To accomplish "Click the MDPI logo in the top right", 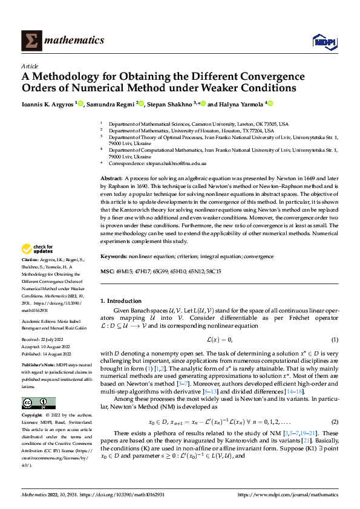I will pos(323,41).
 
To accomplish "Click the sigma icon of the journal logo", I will pos(30,41).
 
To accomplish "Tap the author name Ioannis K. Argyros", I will pos(47,104).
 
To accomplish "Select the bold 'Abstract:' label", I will pos(111,180).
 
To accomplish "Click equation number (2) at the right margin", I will pos(334,421).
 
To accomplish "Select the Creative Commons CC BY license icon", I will pos(38,403).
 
